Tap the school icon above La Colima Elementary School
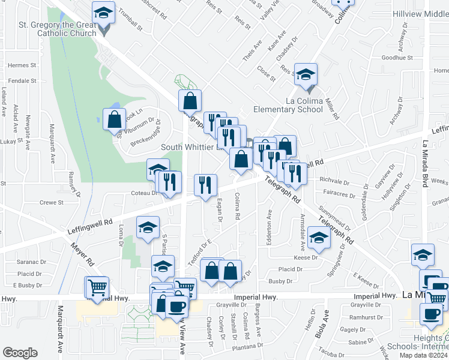(306, 75)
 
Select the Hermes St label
(22, 65)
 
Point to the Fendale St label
(22, 80)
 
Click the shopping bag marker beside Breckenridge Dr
(114, 120)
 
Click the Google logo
(20, 353)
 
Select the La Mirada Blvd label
(424, 164)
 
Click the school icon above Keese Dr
(319, 238)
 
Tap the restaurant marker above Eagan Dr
(205, 185)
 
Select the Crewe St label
(52, 203)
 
